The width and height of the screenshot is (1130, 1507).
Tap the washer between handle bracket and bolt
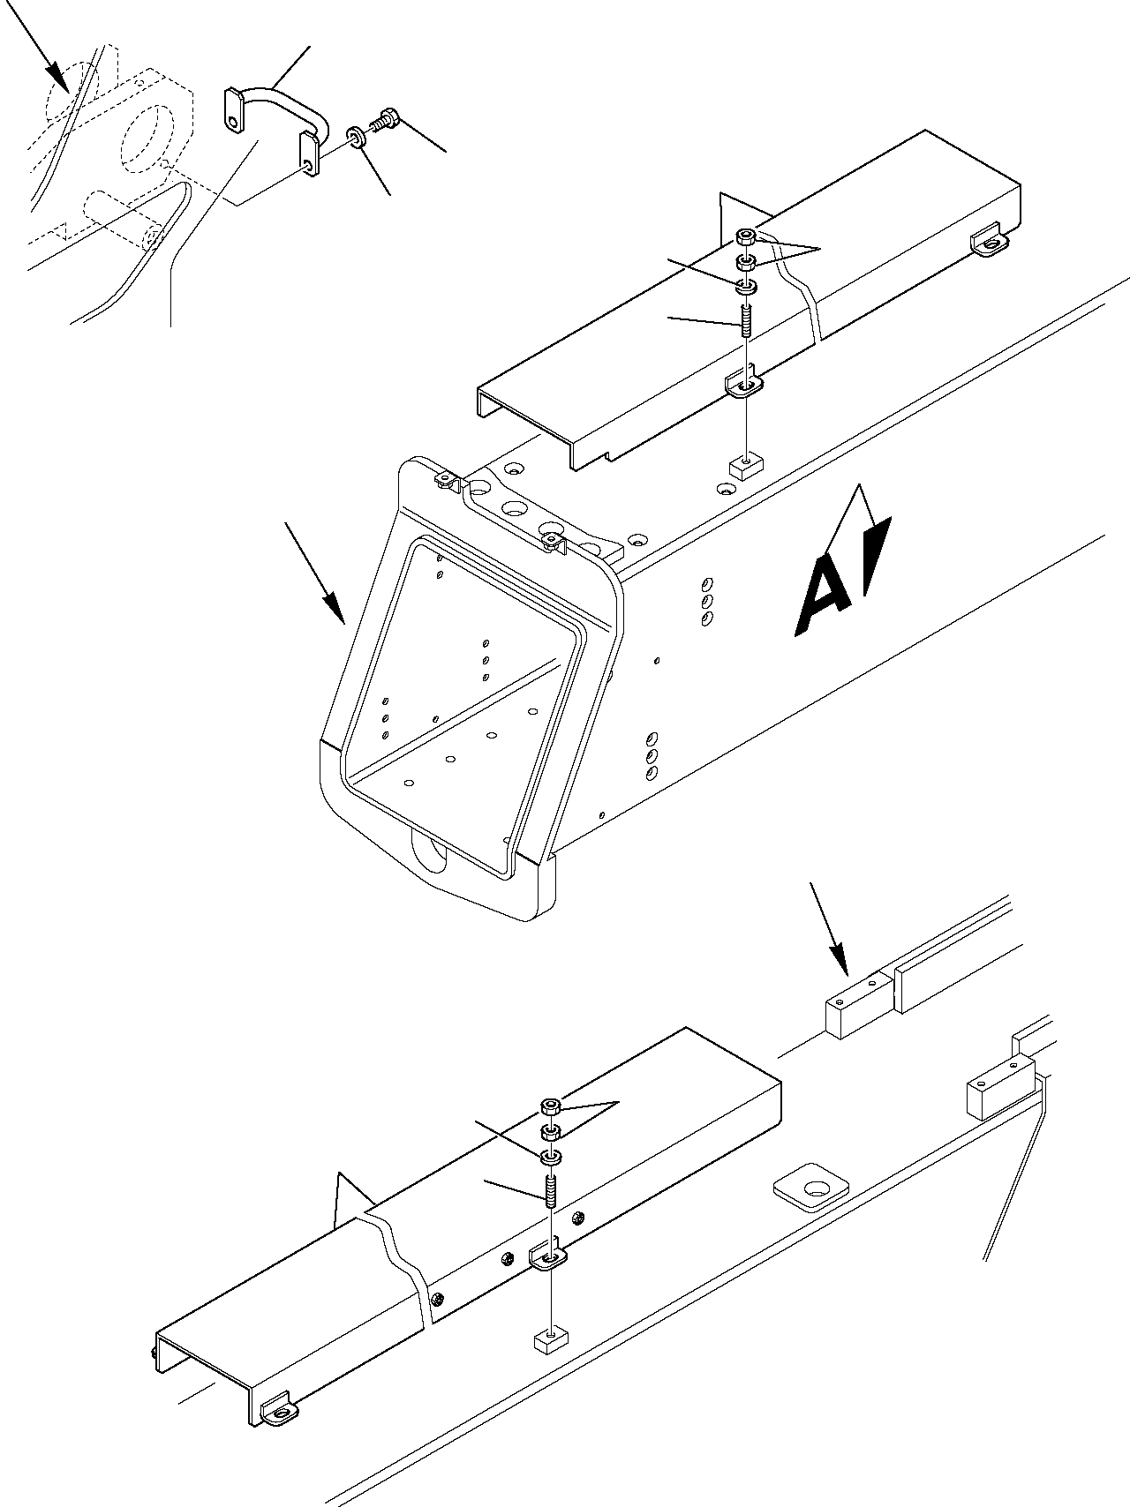357,138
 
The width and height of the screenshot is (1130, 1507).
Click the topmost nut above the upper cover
746,236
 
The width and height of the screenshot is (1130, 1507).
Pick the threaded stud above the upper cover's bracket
747,318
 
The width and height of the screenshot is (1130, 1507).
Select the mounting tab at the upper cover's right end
991,243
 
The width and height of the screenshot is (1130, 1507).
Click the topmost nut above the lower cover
550,1106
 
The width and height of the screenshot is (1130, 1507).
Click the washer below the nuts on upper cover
746,287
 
